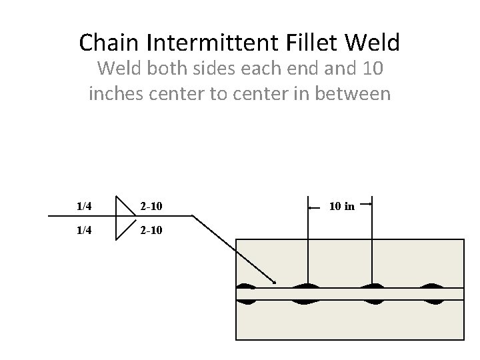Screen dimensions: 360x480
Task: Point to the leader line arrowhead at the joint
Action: [273, 281]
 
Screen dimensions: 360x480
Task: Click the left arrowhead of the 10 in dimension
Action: [311, 207]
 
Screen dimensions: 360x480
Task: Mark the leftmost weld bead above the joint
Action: [246, 287]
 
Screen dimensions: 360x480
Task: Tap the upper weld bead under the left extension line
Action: [307, 286]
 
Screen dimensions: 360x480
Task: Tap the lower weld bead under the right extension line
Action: [371, 301]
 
